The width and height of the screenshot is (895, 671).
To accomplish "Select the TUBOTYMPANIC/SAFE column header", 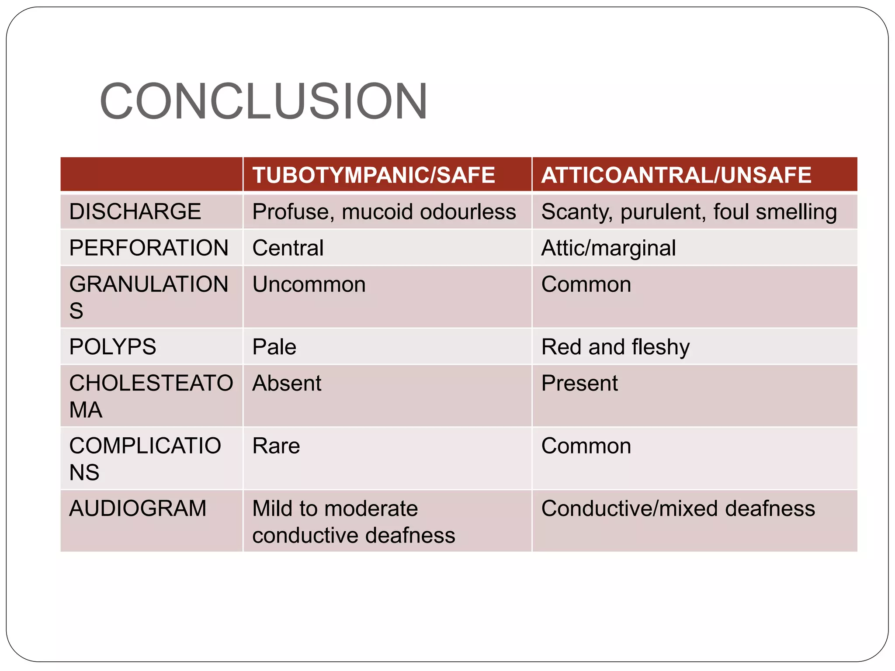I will point(374,175).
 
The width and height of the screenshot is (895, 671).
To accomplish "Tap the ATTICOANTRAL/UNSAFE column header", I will point(676,175).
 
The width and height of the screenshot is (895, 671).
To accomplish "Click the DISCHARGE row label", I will point(135,212).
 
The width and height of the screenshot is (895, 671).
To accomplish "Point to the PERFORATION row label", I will point(149,248).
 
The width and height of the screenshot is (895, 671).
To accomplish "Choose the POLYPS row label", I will point(112,347).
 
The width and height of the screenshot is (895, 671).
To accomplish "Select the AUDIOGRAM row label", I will point(138,508).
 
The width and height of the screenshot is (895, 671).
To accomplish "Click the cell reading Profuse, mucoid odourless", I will point(384,212).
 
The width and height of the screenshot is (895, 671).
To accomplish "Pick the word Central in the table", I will point(288,248).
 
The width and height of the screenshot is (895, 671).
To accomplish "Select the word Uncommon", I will point(309,285).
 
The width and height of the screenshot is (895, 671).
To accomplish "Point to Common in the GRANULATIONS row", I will point(586,285).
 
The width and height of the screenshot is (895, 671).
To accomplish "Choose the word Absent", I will point(287,384).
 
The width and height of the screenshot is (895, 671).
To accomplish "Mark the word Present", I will point(579,384).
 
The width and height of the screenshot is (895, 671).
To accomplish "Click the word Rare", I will point(276,446).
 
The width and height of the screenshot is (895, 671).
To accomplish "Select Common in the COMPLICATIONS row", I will point(586,446).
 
